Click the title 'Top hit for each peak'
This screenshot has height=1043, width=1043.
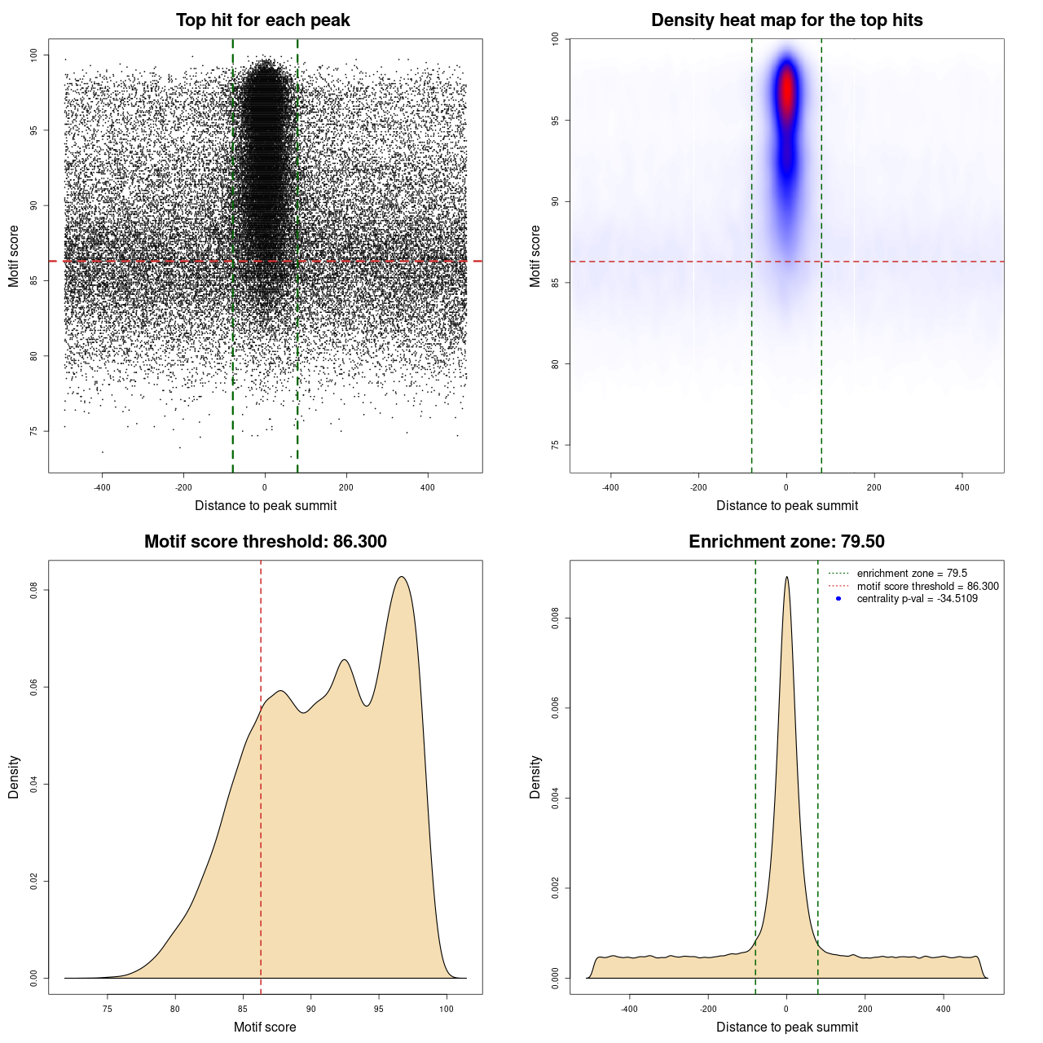point(262,20)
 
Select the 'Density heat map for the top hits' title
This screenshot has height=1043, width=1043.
point(786,20)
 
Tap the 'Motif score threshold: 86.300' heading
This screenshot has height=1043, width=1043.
point(265,542)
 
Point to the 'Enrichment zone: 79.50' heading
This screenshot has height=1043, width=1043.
point(786,542)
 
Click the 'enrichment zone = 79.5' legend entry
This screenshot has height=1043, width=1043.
point(912,574)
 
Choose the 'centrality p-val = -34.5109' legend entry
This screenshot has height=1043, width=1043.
point(917,599)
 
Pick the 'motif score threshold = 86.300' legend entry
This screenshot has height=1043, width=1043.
point(927,587)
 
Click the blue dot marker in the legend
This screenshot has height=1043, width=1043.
point(838,599)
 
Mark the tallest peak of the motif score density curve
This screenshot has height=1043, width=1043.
point(401,577)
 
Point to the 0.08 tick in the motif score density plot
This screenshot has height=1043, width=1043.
point(34,590)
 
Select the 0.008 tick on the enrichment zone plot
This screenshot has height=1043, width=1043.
point(556,618)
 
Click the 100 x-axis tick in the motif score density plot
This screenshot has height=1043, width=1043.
point(446,1009)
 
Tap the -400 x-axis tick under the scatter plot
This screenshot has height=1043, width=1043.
point(102,487)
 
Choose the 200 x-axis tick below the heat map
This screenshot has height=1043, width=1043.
point(874,487)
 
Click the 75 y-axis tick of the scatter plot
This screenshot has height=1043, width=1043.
point(34,431)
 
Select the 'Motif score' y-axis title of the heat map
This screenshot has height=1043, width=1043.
point(535,256)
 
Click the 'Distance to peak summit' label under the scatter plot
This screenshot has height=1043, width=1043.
point(266,506)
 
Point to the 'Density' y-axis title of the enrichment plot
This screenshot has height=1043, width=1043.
point(535,777)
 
